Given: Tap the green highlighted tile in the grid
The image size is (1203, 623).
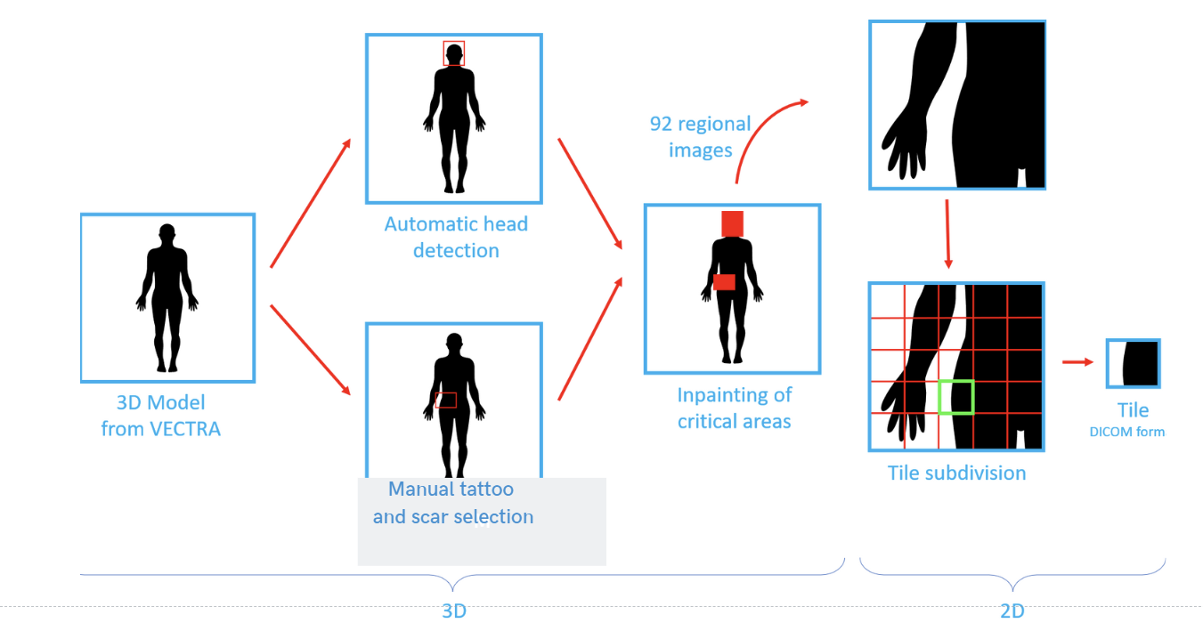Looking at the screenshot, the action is (x=939, y=397).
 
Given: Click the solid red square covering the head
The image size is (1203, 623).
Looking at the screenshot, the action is (x=733, y=223).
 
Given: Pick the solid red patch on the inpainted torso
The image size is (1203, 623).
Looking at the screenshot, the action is (x=724, y=282).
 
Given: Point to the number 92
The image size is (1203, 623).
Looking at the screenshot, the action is (x=661, y=125).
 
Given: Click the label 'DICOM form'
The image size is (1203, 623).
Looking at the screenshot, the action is (x=1126, y=432).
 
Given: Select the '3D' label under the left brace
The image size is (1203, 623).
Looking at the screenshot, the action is (x=454, y=611).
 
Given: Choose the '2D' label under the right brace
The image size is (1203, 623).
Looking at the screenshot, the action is (x=1012, y=611).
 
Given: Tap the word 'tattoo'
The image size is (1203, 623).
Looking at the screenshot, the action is (x=485, y=489).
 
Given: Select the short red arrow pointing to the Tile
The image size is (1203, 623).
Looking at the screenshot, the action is (x=1077, y=362).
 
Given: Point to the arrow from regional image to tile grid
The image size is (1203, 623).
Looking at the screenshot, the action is (x=948, y=234).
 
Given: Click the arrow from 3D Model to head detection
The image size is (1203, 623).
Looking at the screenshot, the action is (x=311, y=203).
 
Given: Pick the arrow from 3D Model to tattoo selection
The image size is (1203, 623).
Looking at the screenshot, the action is (x=311, y=350).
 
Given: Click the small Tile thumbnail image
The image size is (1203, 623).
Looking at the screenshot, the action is (x=1134, y=363).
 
